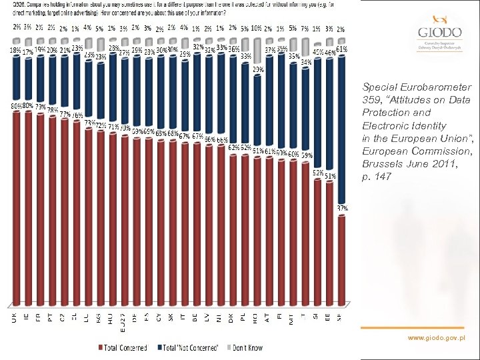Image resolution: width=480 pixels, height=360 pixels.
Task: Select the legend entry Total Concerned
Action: [x=123, y=347]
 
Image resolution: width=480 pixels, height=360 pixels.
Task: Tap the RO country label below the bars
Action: [x=255, y=319]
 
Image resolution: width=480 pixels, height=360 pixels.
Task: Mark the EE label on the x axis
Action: [x=327, y=319]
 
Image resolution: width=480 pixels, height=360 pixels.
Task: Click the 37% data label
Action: [x=341, y=209]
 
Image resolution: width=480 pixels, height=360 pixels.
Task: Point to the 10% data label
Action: [x=256, y=29]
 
